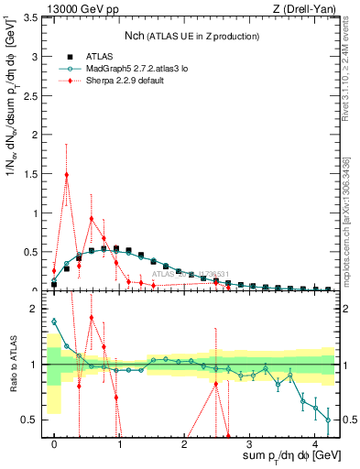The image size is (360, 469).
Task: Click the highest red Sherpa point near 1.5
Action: [x=67, y=174]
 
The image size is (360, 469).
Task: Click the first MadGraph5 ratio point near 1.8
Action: [x=54, y=322]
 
